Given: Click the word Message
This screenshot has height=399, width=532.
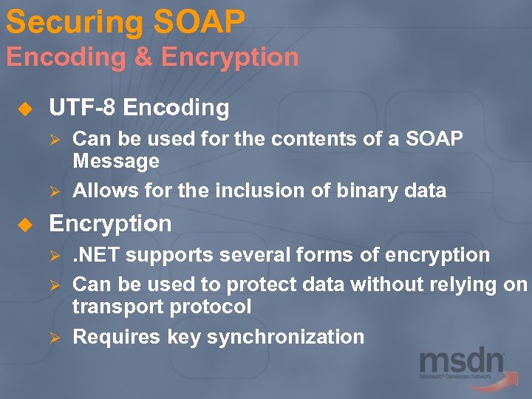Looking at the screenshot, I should [116, 161].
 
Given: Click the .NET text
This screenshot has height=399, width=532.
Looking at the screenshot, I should [96, 256].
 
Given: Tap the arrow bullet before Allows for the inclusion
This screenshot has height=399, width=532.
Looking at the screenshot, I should [52, 191].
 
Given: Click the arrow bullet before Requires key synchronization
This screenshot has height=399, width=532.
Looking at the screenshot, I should [52, 338].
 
